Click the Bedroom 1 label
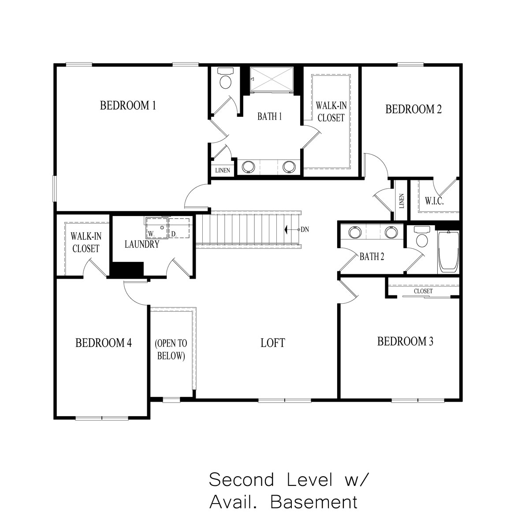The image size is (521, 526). (x=128, y=105)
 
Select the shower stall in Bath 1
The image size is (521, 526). (x=272, y=79)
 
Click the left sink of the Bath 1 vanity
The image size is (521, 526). (x=249, y=166)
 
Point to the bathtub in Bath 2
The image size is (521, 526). (x=449, y=252)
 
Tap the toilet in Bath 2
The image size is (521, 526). (x=422, y=236)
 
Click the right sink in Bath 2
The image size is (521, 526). (x=391, y=232)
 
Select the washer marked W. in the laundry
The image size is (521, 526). (x=157, y=228)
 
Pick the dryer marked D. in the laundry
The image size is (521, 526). (x=179, y=228)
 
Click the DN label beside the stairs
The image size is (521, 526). (x=305, y=230)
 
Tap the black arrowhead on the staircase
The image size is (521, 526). (x=287, y=230)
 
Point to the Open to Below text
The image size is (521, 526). (x=171, y=349)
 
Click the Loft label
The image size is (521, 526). (x=273, y=343)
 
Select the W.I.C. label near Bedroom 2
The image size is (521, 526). (x=435, y=201)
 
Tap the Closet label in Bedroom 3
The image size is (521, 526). (x=423, y=291)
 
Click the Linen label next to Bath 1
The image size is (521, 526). (x=223, y=171)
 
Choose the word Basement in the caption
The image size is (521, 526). (x=314, y=502)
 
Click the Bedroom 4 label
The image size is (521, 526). (x=104, y=343)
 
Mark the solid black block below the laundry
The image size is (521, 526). (x=127, y=269)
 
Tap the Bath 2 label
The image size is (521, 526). (x=372, y=257)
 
